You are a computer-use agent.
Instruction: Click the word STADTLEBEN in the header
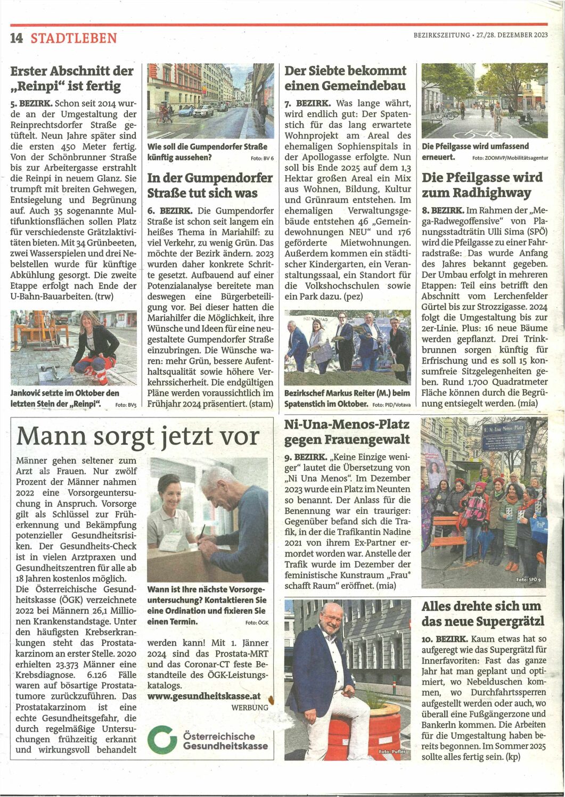click(x=73, y=38)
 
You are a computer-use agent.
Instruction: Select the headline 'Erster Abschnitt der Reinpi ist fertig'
click(x=72, y=78)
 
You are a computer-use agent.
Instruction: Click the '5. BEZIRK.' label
click(x=31, y=103)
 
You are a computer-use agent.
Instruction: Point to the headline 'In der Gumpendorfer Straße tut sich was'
click(x=210, y=185)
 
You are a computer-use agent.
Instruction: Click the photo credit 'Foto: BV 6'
click(x=261, y=159)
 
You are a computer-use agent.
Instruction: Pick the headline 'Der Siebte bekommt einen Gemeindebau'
click(x=345, y=78)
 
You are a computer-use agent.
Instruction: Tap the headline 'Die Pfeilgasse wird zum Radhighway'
click(x=482, y=185)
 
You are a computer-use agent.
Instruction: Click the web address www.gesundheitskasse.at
click(x=204, y=696)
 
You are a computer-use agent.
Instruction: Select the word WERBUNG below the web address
click(x=250, y=708)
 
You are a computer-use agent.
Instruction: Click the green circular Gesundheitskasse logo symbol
click(x=162, y=740)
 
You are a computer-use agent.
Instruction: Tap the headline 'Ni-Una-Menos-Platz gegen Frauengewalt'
click(x=347, y=432)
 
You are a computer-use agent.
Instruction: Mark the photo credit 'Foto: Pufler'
click(x=392, y=752)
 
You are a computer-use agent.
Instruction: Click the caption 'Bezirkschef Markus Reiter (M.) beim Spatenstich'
click(x=347, y=398)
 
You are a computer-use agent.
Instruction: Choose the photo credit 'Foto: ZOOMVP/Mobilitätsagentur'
click(x=510, y=158)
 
